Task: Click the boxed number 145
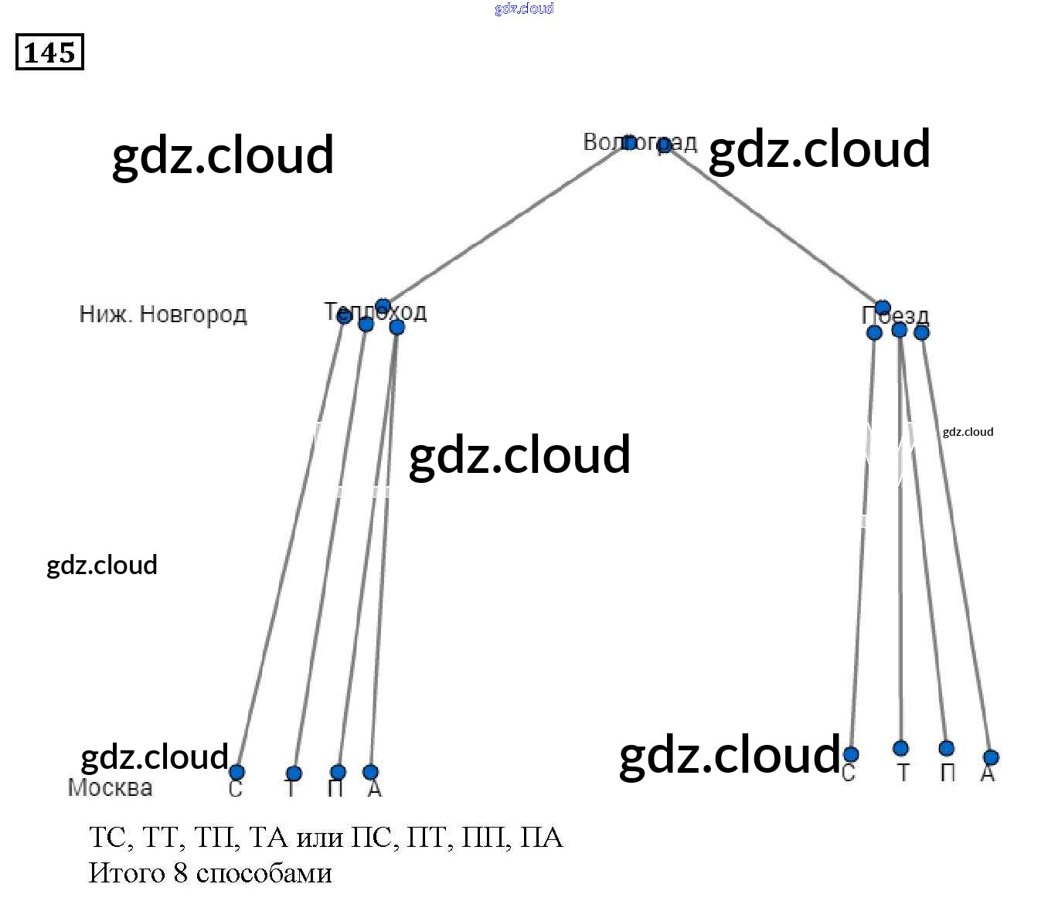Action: [49, 53]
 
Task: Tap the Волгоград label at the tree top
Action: [640, 143]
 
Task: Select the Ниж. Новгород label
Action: [163, 314]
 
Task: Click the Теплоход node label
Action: [375, 312]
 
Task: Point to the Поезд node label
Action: [895, 315]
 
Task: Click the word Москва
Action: [110, 787]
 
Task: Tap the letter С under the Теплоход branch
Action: [236, 789]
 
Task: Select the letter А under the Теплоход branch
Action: [375, 788]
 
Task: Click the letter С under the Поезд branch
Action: [849, 773]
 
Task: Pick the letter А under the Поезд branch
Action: [987, 773]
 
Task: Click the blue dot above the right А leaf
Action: [991, 757]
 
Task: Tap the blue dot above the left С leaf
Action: [236, 772]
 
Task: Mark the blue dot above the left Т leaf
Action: [294, 773]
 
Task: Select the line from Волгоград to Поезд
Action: [773, 224]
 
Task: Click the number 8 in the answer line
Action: [180, 873]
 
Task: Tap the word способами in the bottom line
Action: [264, 873]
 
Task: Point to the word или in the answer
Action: [320, 838]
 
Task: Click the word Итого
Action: [127, 873]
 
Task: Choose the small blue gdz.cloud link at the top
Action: [524, 8]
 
